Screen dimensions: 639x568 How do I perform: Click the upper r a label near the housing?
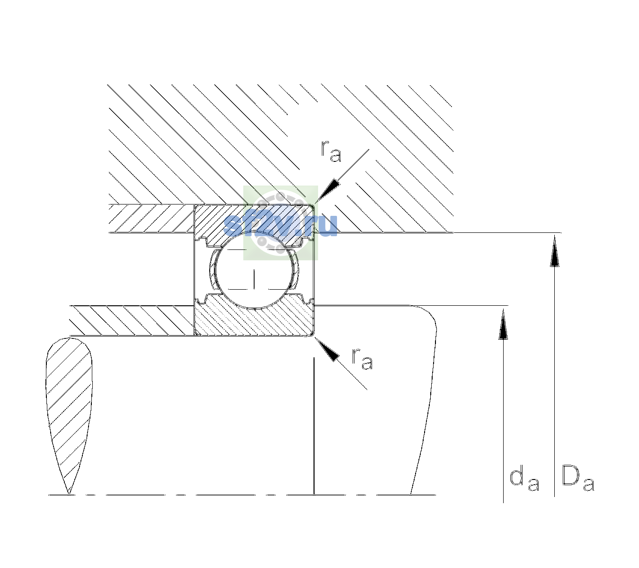pyautogui.click(x=331, y=151)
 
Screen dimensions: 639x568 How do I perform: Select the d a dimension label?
pyautogui.click(x=524, y=480)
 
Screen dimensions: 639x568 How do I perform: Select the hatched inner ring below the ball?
pyautogui.click(x=254, y=315)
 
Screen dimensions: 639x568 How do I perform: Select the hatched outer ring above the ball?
pyautogui.click(x=254, y=224)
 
